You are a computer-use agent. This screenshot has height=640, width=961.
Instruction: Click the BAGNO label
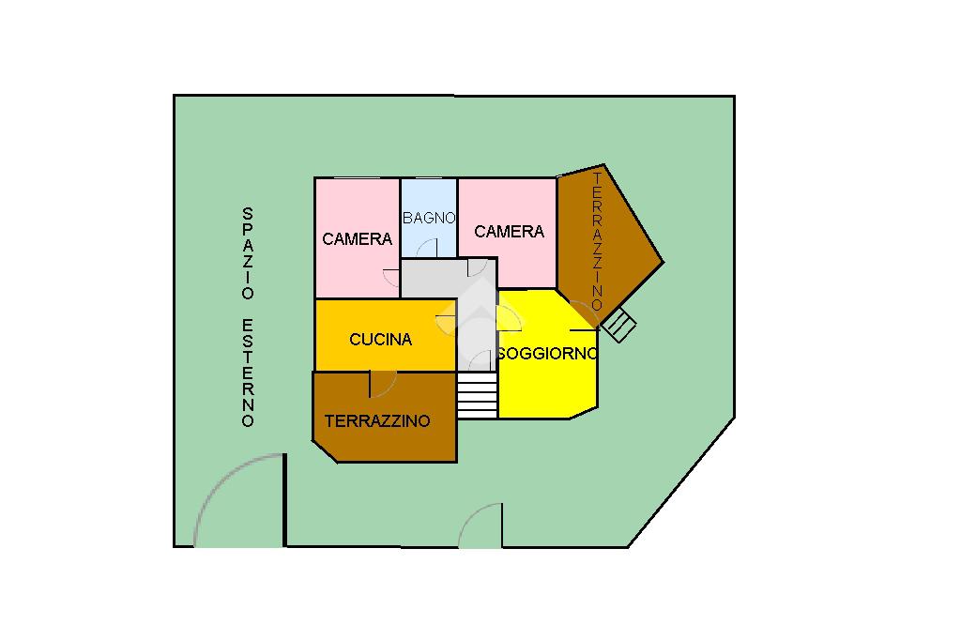click(x=429, y=218)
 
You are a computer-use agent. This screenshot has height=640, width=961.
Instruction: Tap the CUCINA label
click(x=380, y=340)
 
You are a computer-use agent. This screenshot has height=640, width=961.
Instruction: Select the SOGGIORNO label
click(x=548, y=354)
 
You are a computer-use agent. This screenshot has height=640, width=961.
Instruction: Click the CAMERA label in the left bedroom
click(x=357, y=239)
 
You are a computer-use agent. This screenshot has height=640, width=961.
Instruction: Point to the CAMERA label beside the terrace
click(x=510, y=232)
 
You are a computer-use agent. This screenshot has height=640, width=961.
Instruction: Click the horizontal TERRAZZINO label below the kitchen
click(x=377, y=421)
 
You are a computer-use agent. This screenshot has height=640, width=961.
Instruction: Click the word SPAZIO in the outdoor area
click(x=248, y=252)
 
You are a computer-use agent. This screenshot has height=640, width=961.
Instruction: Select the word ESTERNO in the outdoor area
click(x=248, y=373)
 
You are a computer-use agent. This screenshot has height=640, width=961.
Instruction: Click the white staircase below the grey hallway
click(x=477, y=395)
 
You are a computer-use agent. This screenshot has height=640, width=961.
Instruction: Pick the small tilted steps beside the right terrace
click(x=619, y=327)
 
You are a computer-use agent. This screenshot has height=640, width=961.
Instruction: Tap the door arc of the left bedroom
click(x=391, y=278)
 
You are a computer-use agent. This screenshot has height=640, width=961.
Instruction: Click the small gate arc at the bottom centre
click(x=480, y=525)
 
